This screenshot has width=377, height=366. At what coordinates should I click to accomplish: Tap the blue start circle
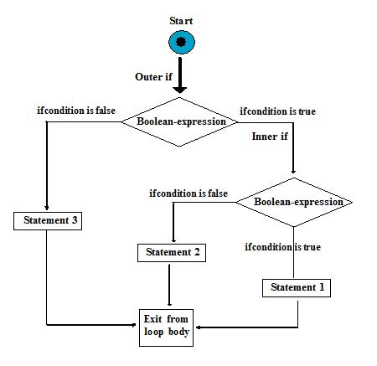click(180, 43)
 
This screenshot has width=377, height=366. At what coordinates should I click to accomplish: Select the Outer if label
click(155, 77)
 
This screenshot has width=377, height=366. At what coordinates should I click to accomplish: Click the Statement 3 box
click(47, 221)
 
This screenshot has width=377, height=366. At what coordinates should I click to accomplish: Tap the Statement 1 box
click(297, 288)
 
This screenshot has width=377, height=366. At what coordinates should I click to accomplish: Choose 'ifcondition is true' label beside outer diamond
click(277, 111)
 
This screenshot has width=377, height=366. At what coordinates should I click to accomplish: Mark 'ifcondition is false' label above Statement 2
click(188, 193)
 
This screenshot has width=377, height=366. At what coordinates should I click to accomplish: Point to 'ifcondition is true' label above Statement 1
click(282, 247)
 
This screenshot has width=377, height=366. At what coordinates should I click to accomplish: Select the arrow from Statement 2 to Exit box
click(171, 285)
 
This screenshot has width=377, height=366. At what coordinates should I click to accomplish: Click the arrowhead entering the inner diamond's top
click(293, 173)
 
